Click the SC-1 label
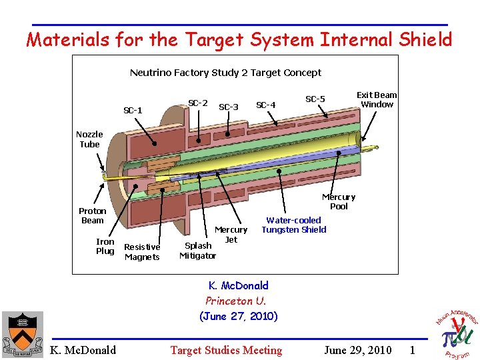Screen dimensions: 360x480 (133, 110)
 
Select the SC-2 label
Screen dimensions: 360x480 (197, 103)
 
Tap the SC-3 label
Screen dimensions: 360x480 (229, 107)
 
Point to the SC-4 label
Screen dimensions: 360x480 (265, 105)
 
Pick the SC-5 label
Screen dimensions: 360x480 (315, 99)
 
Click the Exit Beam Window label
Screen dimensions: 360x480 (377, 99)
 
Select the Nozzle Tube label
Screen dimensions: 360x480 (89, 139)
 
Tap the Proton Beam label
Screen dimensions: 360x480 (93, 215)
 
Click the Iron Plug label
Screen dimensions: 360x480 (105, 246)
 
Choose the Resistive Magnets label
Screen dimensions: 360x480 (142, 252)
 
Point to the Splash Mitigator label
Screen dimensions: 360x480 (198, 250)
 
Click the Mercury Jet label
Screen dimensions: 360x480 (231, 235)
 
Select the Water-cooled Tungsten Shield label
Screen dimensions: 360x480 (294, 225)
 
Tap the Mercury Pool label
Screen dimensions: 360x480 (339, 201)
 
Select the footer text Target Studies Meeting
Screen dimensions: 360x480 (226, 350)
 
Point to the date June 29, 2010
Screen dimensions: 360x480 (357, 350)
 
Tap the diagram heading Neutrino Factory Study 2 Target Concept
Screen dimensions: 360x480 (225, 73)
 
